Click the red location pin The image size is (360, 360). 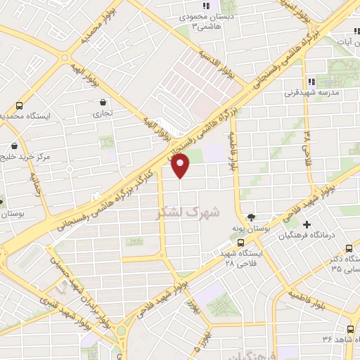181,167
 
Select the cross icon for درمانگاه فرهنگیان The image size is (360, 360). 306,224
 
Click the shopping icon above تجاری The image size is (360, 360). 104,103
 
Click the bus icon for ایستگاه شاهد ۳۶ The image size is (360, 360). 350,329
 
